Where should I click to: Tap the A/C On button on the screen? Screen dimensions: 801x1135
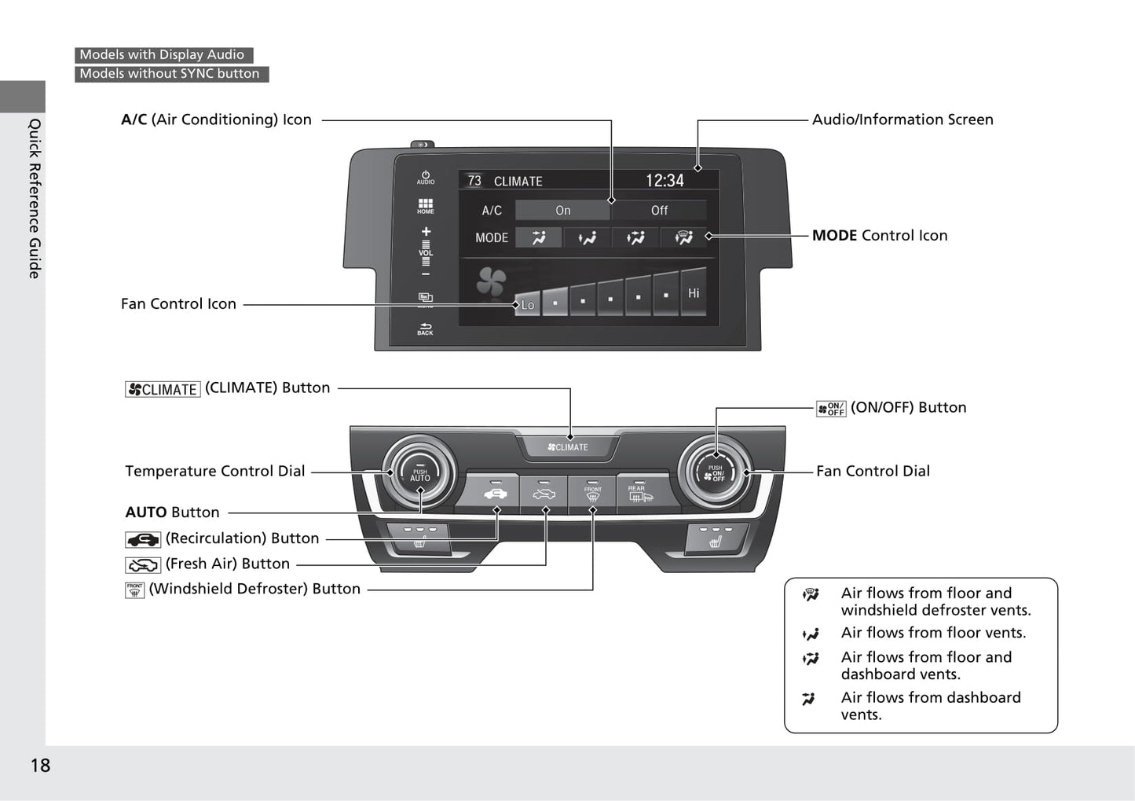562,211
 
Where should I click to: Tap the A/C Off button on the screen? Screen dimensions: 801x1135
659,211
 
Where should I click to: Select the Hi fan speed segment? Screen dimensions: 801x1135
694,293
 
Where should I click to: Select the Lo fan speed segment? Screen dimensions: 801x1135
528,303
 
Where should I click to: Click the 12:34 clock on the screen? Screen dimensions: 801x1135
665,181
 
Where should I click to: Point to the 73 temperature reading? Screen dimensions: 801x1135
474,181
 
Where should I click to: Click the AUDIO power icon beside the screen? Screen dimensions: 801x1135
425,178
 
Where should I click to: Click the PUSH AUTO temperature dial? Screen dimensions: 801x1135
419,474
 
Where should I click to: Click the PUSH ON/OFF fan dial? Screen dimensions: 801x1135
715,473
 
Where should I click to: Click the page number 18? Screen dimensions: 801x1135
40,766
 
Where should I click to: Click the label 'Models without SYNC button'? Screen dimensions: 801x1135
170,74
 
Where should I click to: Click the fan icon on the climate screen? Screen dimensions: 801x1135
492,281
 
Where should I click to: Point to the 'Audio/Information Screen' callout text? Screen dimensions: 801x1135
903,119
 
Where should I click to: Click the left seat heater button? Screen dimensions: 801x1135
419,540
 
